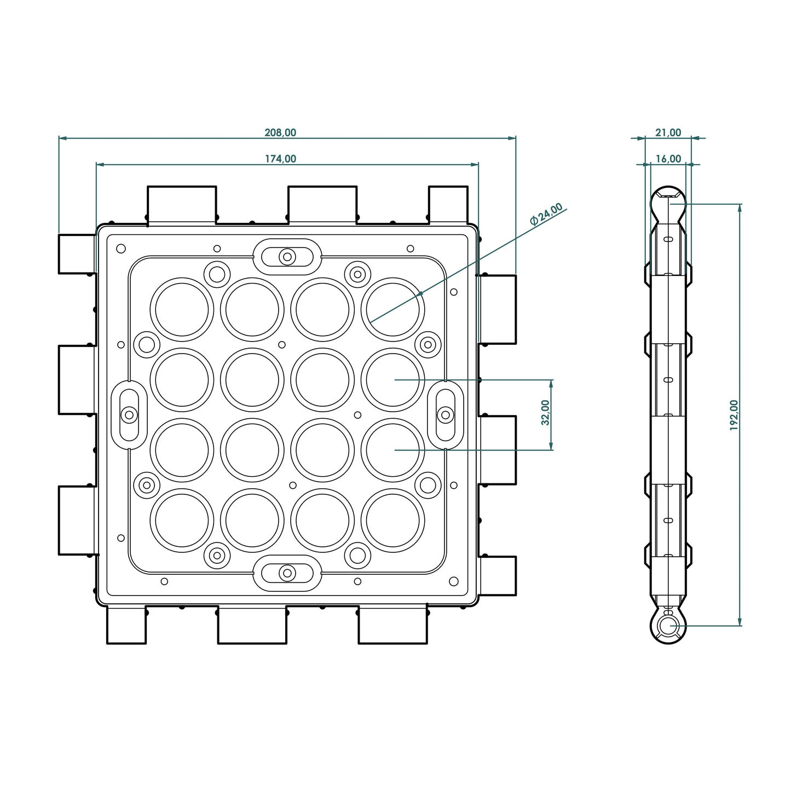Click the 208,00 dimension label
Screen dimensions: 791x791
click(280, 132)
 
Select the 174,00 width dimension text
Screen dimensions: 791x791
click(280, 159)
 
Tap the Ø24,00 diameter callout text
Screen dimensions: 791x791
click(546, 214)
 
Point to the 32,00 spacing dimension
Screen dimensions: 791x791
click(545, 413)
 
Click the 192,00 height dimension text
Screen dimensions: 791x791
click(734, 415)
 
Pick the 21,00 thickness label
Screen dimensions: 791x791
click(668, 132)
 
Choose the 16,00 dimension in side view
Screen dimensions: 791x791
click(668, 159)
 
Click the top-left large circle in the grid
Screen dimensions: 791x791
click(182, 309)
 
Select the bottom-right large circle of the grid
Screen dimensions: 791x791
click(393, 521)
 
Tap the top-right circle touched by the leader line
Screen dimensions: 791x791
click(393, 309)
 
